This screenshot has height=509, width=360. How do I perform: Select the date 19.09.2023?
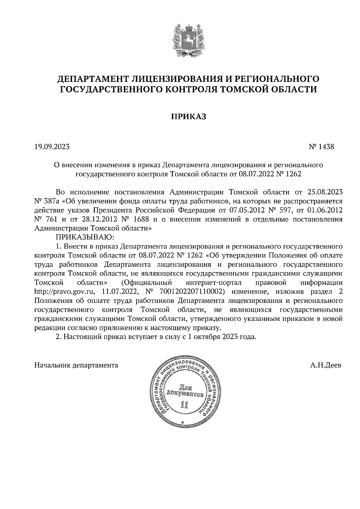52,147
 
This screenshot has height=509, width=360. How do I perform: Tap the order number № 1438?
321,147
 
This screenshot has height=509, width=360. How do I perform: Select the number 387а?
52,201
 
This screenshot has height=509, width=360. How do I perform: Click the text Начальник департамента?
76,365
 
